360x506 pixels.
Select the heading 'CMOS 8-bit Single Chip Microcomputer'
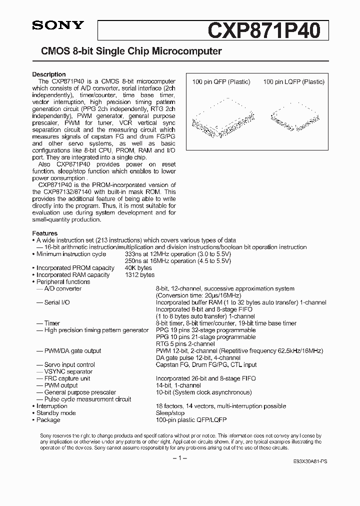click(x=127, y=51)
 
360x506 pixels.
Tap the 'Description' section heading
click(x=49, y=74)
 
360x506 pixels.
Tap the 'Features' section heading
click(x=45, y=233)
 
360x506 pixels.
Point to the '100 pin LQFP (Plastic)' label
click(x=293, y=82)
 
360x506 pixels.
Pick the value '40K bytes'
click(x=138, y=268)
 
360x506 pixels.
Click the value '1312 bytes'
click(x=139, y=275)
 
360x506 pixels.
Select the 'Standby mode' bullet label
click(x=56, y=413)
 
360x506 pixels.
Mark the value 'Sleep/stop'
click(x=170, y=413)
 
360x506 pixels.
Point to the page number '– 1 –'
click(x=179, y=459)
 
